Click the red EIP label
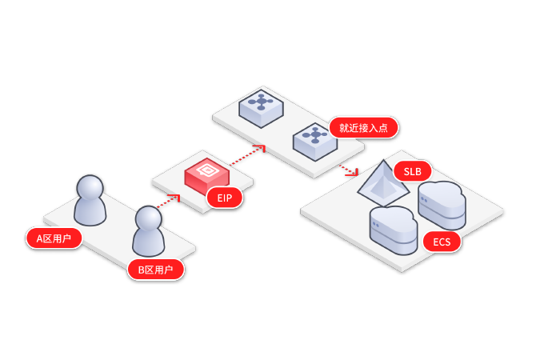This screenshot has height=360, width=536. point(224,198)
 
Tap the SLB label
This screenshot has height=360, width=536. point(413,171)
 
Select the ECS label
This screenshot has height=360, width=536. point(442,242)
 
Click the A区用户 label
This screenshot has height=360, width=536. point(54,238)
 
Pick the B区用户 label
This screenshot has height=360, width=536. point(156,270)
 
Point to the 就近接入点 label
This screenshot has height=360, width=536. point(363,127)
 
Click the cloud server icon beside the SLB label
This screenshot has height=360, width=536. point(442,203)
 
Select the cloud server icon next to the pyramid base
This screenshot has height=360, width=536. point(393,230)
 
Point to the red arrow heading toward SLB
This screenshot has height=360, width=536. point(348,169)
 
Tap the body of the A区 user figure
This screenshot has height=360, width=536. point(90,211)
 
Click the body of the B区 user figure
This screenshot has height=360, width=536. point(149,241)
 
